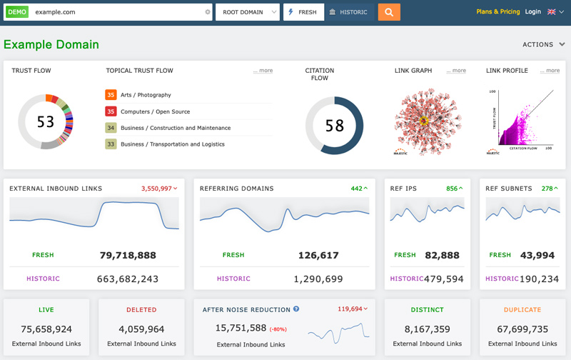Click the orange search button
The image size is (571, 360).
(389, 12)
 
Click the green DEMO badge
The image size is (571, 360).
(16, 12)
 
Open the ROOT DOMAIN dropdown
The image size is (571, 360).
(247, 12)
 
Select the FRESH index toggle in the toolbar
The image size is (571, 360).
(303, 12)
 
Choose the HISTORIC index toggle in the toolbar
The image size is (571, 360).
(348, 12)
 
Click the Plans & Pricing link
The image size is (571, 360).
(497, 12)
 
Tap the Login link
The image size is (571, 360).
(532, 12)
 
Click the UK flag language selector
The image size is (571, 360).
(555, 12)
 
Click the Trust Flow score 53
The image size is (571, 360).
(46, 122)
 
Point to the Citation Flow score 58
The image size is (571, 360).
(335, 126)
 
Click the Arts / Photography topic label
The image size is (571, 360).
(146, 95)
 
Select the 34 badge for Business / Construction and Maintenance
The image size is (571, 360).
(111, 128)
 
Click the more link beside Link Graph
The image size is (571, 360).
(456, 71)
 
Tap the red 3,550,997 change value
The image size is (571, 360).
(158, 189)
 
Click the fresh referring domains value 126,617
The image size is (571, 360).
(319, 255)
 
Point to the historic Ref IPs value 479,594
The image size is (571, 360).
(444, 279)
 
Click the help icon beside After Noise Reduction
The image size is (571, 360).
(296, 309)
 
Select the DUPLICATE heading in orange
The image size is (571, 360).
(521, 310)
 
